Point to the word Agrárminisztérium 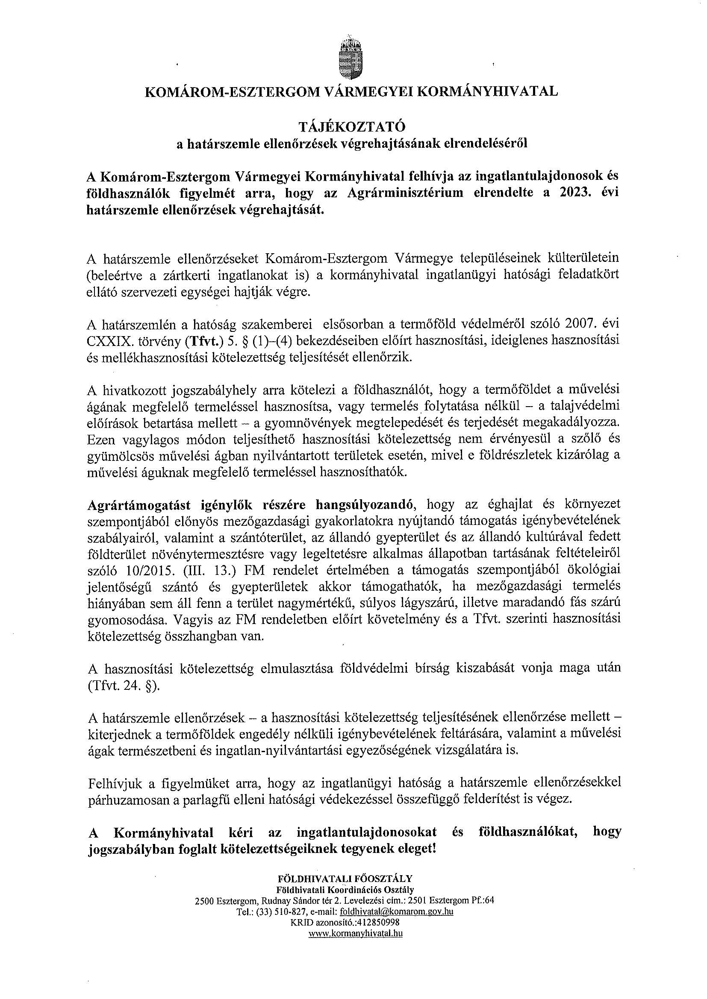pyautogui.click(x=405, y=193)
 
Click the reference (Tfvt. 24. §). pyautogui.click(x=124, y=687)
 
